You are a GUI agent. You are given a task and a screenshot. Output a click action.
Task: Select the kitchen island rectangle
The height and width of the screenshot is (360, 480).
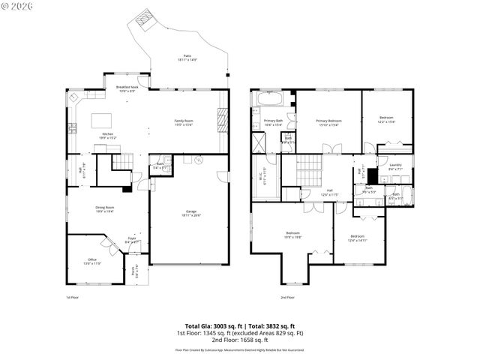(101, 119)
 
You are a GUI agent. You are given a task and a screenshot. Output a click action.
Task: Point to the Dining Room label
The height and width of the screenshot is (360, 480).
(105, 208)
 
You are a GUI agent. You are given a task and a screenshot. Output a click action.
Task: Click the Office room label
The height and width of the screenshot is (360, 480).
(88, 262)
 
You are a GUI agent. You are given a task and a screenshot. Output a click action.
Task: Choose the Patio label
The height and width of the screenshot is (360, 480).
(187, 58)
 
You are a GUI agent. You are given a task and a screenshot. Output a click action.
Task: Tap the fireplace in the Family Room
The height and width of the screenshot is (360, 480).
(221, 118)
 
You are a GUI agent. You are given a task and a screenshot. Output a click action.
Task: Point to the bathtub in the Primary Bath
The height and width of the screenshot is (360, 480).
(269, 99)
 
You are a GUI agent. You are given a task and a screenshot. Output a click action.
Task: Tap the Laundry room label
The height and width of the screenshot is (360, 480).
(396, 167)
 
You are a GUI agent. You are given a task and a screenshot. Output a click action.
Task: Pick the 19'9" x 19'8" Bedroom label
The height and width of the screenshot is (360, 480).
(293, 235)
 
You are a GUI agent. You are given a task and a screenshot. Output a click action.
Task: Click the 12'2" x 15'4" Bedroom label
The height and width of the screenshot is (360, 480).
(386, 119)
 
